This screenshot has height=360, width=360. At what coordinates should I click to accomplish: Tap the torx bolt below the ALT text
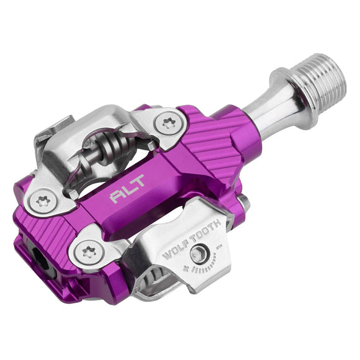click(x=87, y=250)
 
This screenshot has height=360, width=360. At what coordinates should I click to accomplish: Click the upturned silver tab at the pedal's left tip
click(x=50, y=130)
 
